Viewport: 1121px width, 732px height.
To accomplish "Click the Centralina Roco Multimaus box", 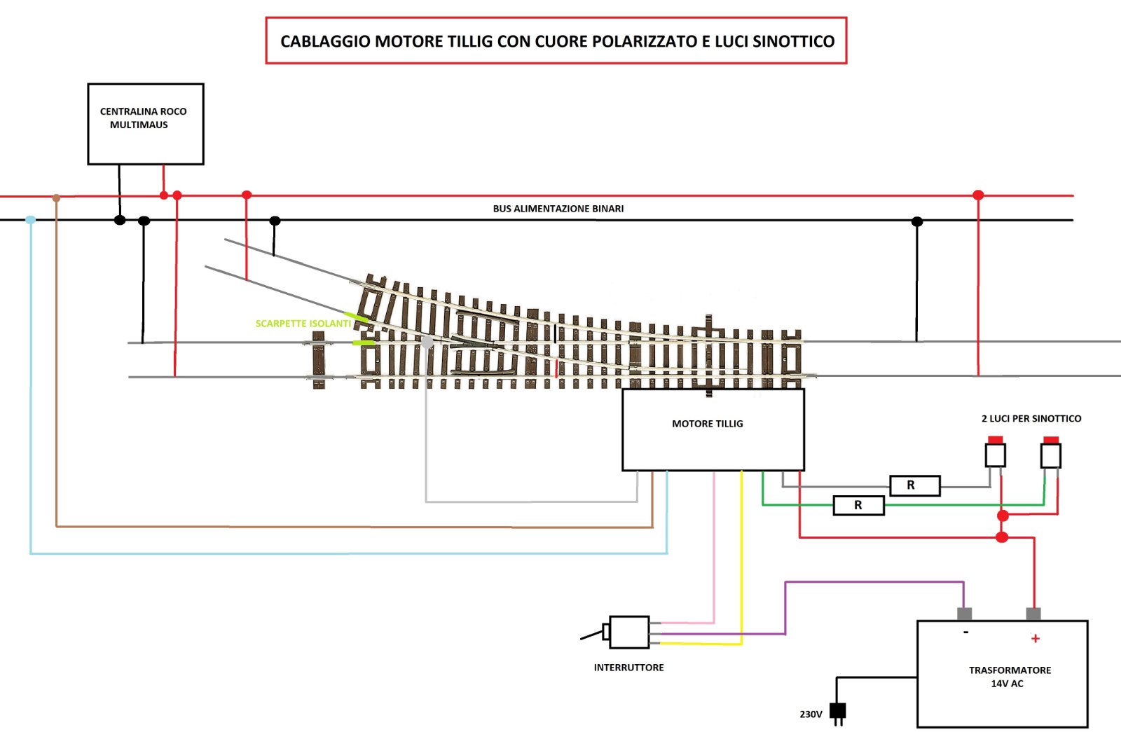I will tap(145, 124).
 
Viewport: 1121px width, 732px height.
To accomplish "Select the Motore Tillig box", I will tap(713, 429).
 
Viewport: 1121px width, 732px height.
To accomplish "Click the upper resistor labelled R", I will tap(914, 485).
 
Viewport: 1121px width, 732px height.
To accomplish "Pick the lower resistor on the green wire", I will tap(858, 505).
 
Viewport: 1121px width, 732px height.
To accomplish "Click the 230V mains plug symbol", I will tap(837, 712).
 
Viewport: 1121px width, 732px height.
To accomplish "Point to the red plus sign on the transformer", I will tap(1035, 638).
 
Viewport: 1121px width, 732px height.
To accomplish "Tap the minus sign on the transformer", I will tap(965, 633).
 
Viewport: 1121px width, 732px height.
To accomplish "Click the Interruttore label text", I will tap(628, 668).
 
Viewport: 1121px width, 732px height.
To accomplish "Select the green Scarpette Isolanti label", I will tap(303, 324).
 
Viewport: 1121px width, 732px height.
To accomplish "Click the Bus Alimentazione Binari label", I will tap(558, 209).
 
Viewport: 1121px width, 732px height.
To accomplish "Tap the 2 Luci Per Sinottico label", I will tap(1031, 419).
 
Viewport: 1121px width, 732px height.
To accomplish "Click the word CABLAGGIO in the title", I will tap(324, 41).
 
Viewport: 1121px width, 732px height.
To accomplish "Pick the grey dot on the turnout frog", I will tap(427, 342).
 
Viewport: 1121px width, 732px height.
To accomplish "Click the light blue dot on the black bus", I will tap(30, 220).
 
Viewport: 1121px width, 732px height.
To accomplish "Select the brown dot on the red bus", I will tap(57, 198).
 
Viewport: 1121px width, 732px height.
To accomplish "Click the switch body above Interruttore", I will tap(628, 632).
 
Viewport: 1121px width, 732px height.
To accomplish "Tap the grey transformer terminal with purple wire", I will tap(964, 614).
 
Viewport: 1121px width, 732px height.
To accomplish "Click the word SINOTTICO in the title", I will tap(794, 41).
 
